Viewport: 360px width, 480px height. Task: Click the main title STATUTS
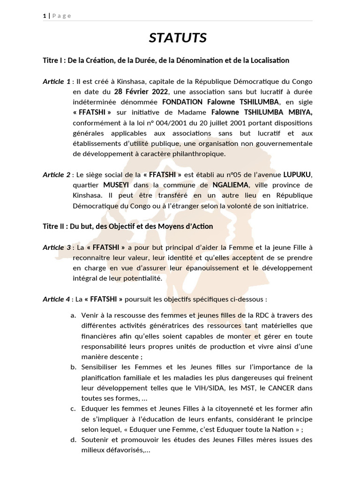(x=178, y=38)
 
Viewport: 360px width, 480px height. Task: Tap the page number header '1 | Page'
(x=57, y=16)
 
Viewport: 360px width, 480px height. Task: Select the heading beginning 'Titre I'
(x=166, y=60)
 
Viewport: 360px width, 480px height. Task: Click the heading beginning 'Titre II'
(x=127, y=226)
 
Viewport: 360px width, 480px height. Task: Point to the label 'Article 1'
(x=56, y=82)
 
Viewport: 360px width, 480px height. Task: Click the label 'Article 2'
(x=56, y=175)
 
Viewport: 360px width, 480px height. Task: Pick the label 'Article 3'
(x=56, y=247)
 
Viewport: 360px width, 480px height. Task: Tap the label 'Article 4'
(x=56, y=299)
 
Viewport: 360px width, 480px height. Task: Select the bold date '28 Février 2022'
(x=141, y=92)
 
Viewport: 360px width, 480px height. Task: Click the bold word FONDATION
(x=182, y=102)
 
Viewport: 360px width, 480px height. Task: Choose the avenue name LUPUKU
(x=299, y=175)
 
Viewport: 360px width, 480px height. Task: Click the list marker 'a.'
(x=74, y=315)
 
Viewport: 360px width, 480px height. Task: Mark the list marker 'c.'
(x=74, y=409)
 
